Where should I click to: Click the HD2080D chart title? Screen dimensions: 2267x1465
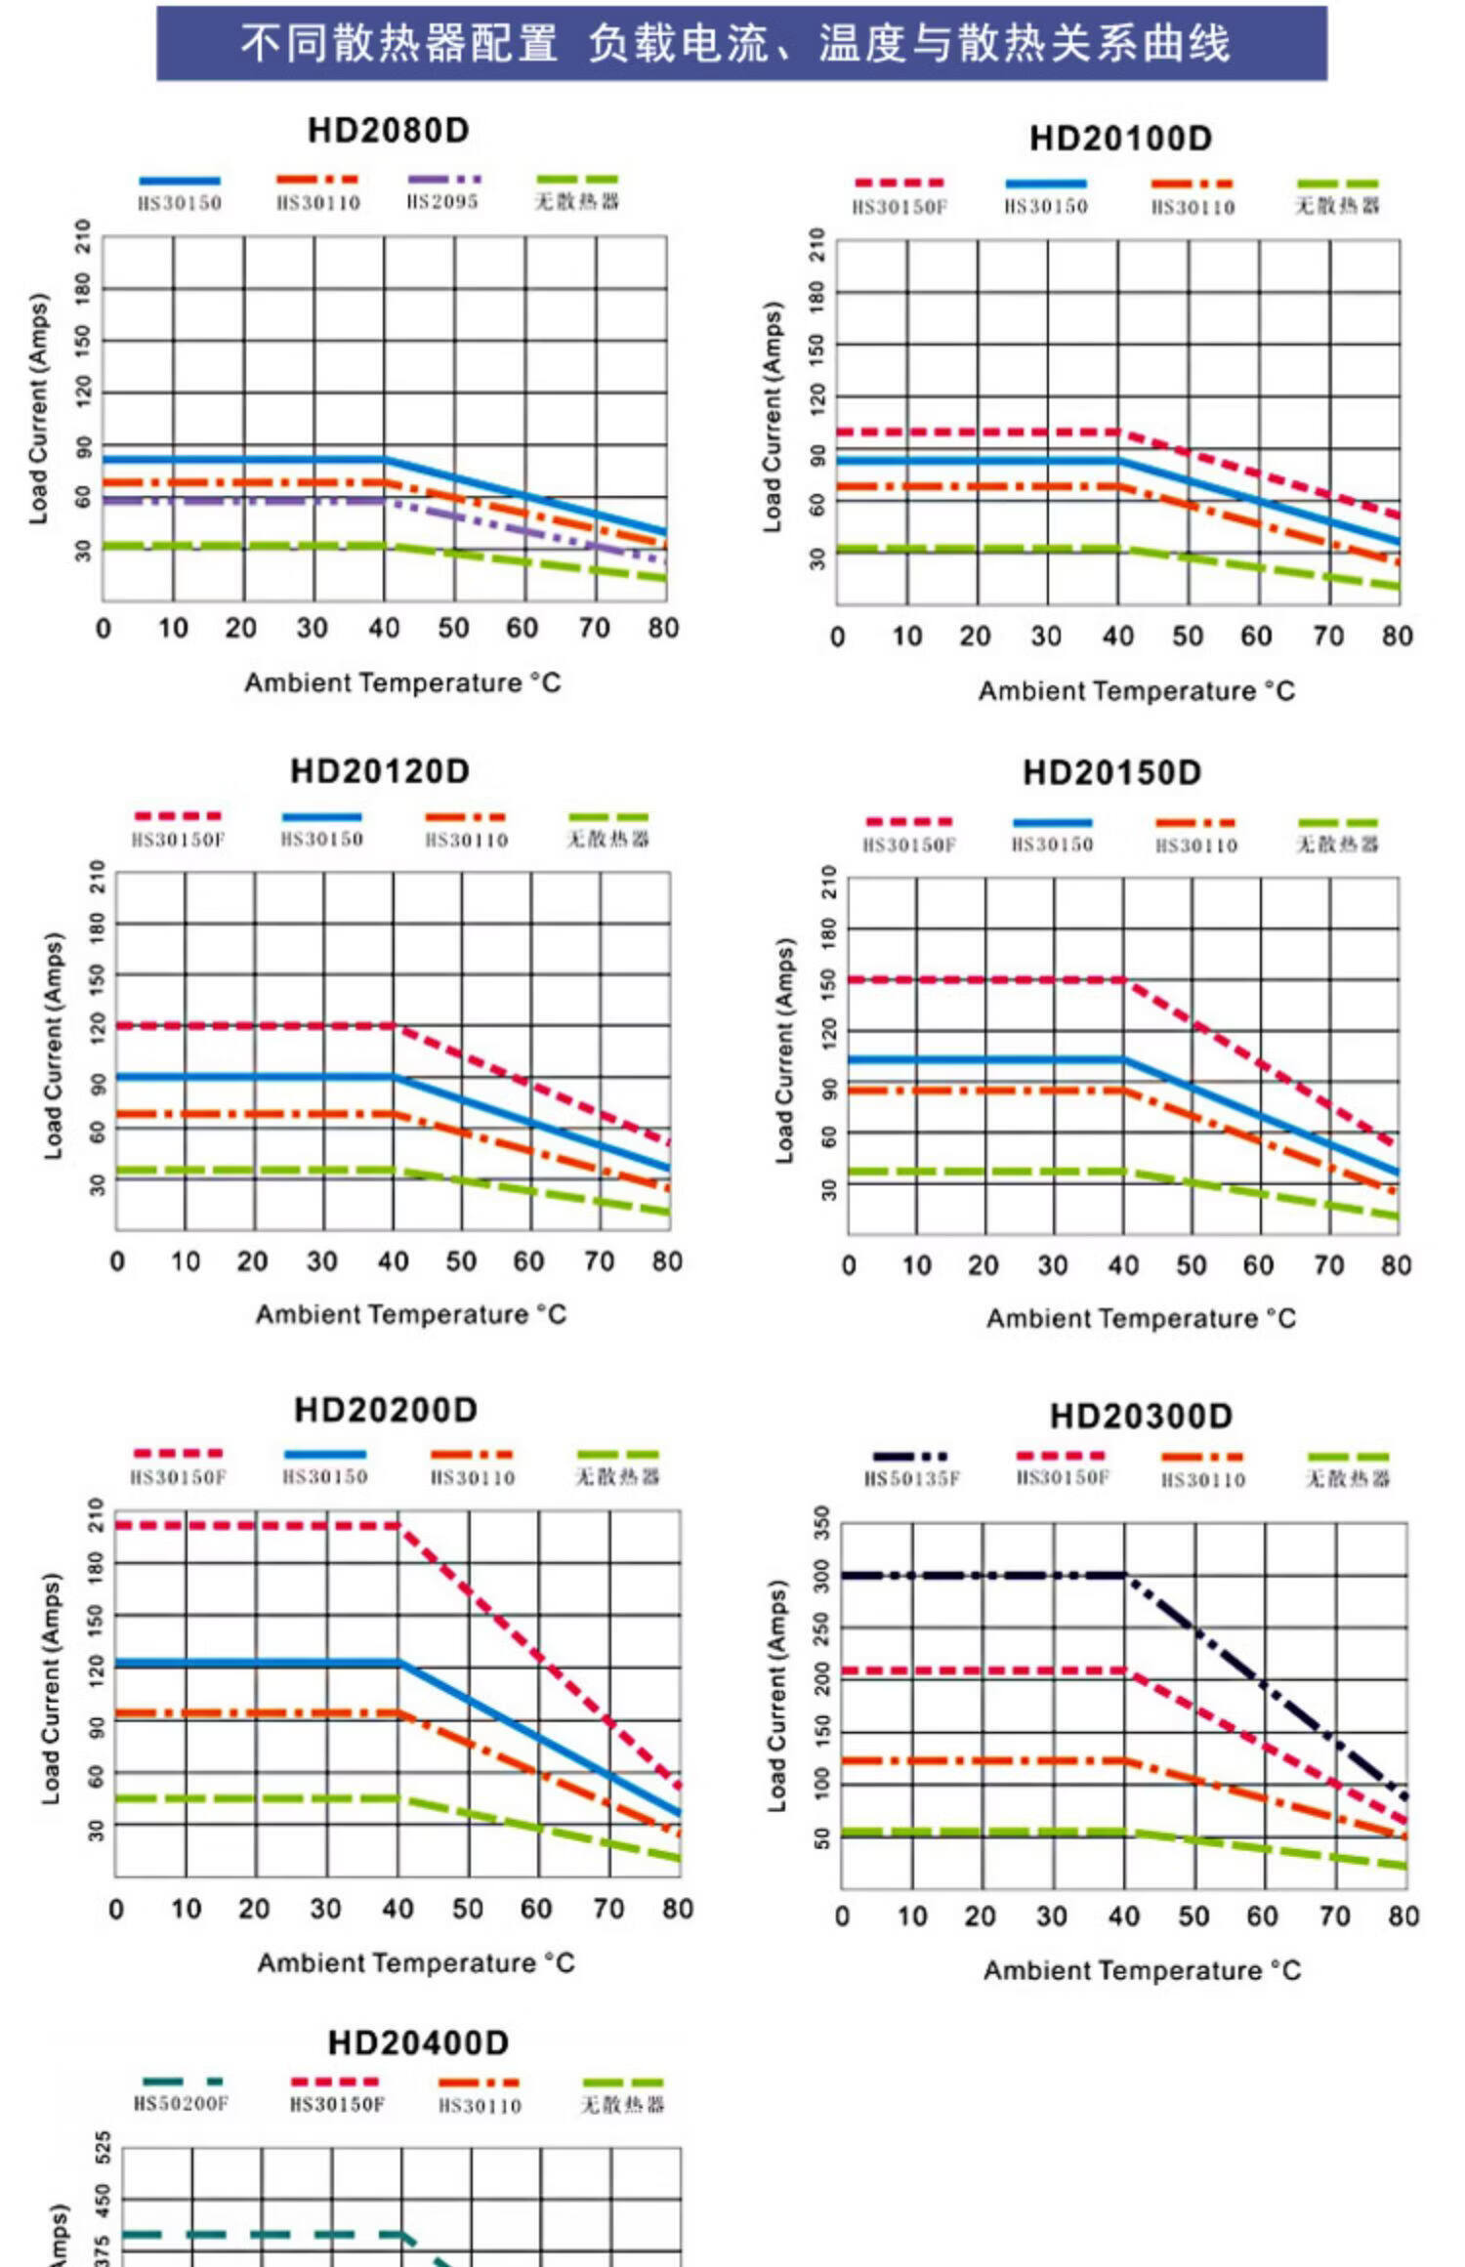click(x=388, y=131)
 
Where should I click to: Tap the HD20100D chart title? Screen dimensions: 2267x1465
click(x=1120, y=139)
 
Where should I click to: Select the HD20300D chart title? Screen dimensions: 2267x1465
click(x=1141, y=1416)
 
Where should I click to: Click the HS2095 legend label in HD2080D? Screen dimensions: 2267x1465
click(x=442, y=202)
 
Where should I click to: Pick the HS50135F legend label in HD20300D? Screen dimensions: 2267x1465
click(x=912, y=1479)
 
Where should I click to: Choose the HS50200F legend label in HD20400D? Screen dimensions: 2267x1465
click(x=182, y=2104)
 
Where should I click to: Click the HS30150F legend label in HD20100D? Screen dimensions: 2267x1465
click(x=900, y=207)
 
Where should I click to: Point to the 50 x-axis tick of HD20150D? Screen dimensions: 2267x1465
click(x=1191, y=1265)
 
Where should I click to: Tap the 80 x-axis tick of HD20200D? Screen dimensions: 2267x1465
click(x=677, y=1909)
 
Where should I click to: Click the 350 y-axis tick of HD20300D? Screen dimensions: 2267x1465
click(x=821, y=1523)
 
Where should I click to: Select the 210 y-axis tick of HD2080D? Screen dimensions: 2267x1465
click(x=83, y=235)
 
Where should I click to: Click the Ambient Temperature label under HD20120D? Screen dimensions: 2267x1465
click(x=410, y=1314)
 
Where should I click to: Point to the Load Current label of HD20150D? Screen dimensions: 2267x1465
click(x=784, y=1051)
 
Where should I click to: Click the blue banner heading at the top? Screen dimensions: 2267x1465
click(x=741, y=44)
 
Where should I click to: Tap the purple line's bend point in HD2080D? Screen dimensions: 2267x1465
click(x=385, y=501)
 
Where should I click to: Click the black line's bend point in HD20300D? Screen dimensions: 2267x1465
click(x=1125, y=1576)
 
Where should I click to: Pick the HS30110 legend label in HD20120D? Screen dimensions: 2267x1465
click(x=467, y=841)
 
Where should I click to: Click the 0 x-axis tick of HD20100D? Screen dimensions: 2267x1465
click(x=837, y=637)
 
